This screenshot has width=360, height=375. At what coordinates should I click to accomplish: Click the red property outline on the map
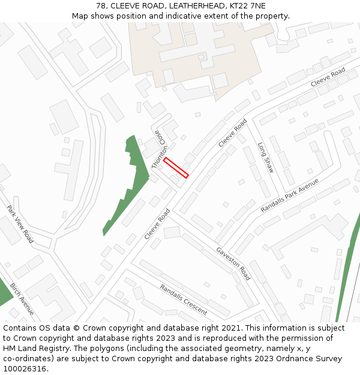pos(176,167)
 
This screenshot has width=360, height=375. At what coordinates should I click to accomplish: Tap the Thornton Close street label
pos(159,149)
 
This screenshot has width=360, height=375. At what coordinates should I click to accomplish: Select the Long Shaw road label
pos(266,158)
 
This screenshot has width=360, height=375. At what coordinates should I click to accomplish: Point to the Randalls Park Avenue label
pos(289,195)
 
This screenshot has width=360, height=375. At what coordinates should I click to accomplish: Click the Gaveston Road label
pos(233,263)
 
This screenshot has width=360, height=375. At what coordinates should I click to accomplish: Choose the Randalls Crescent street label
pos(184,299)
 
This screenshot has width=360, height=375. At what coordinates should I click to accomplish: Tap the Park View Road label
pos(20,224)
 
